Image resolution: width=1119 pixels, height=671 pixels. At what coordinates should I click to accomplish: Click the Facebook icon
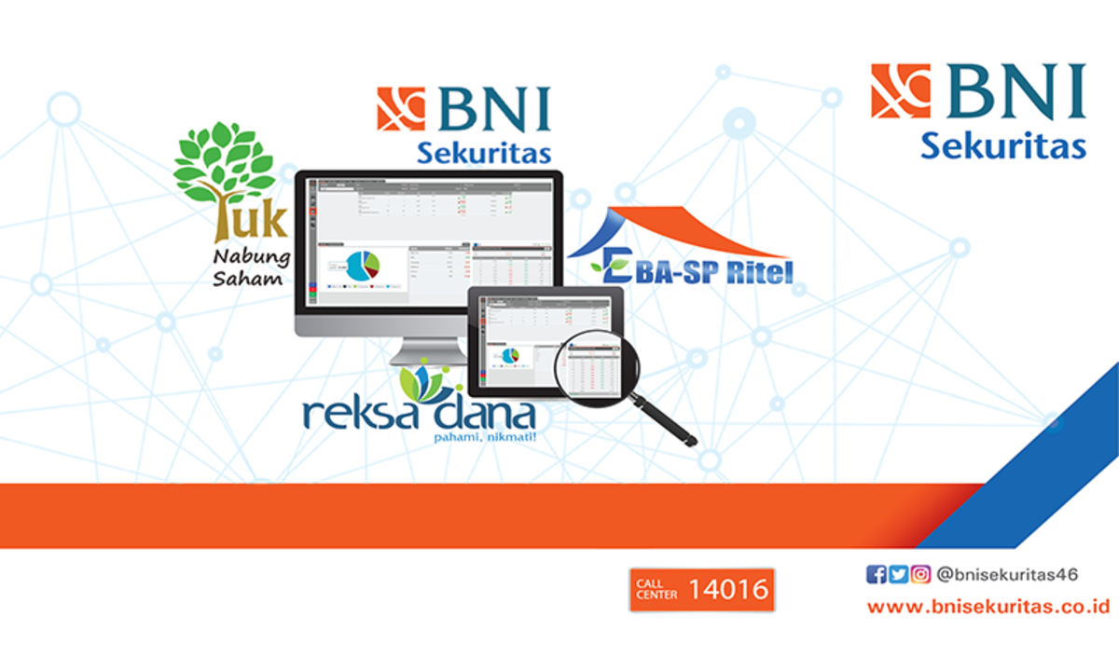tap(876, 575)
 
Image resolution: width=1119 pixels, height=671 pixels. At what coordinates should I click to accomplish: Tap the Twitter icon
tap(898, 575)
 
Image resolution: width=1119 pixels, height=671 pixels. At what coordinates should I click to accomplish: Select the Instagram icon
tap(920, 575)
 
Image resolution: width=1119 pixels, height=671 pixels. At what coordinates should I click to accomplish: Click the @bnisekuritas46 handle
tap(1007, 575)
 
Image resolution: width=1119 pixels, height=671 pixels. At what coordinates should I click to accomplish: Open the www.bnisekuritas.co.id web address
tap(988, 607)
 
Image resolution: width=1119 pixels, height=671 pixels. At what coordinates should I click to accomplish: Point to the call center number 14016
tap(729, 589)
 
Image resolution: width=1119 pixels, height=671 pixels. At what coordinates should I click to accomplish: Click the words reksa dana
tap(419, 415)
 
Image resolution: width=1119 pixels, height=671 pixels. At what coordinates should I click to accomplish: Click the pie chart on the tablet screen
tap(510, 355)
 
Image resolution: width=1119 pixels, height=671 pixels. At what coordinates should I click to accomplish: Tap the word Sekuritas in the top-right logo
tap(1003, 146)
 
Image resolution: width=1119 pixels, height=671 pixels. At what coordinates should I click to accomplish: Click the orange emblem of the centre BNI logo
tap(401, 108)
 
